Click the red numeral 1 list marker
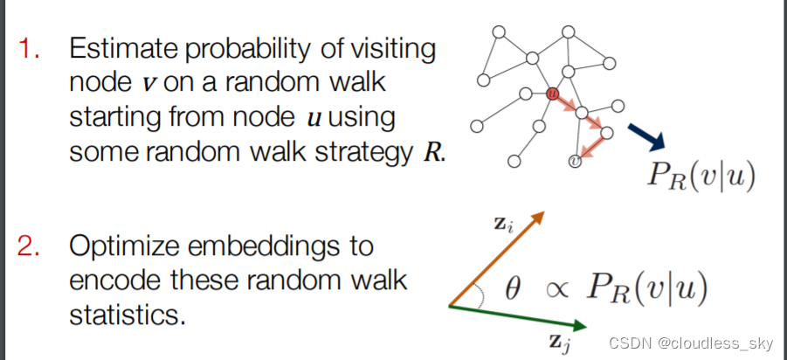(x=30, y=50)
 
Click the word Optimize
(x=121, y=247)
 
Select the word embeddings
(x=263, y=247)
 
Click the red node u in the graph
(x=551, y=93)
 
